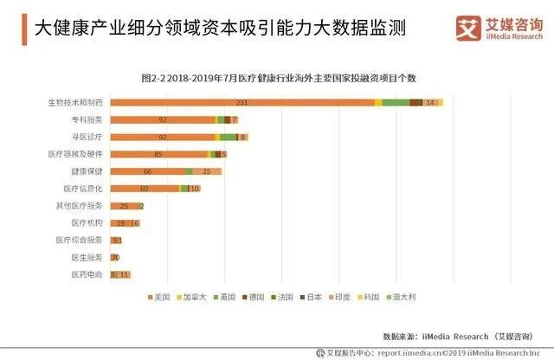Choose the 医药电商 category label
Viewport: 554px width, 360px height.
[87, 274]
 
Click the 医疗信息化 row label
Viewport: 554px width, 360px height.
[83, 188]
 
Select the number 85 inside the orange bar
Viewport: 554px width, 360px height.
[158, 154]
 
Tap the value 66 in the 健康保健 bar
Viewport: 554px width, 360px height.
[147, 171]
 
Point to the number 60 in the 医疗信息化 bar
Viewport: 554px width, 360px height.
[144, 188]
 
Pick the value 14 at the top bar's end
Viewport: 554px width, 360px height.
[430, 103]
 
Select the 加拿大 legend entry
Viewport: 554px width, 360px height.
[194, 297]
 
